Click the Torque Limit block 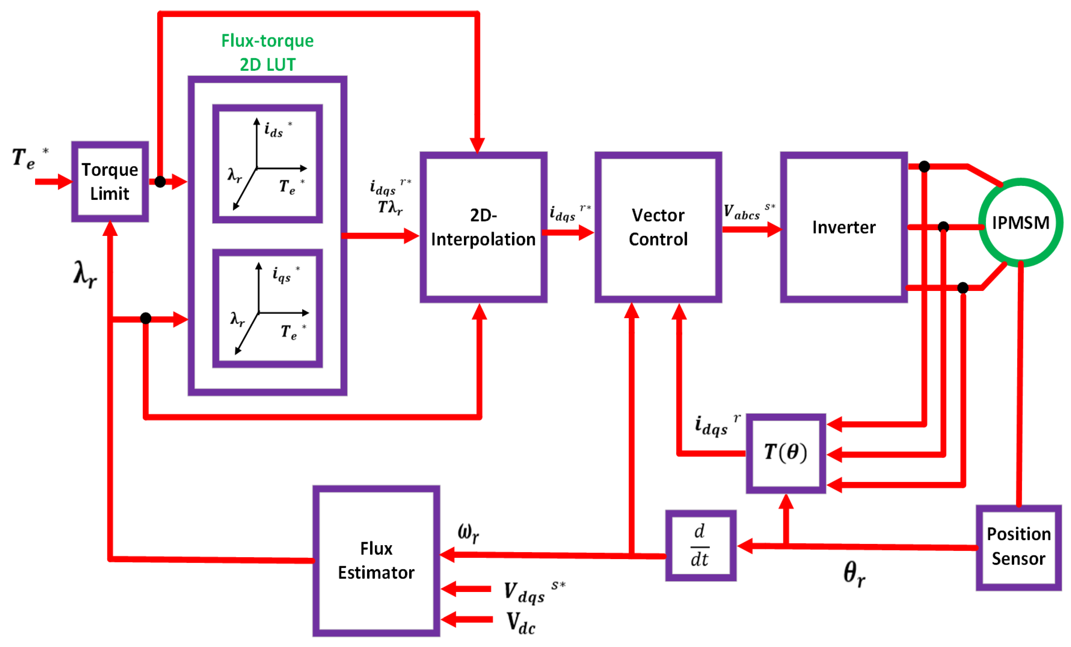pos(110,181)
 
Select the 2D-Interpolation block pos(483,227)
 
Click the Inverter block pos(843,227)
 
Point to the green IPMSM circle pos(1020,223)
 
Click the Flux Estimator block pos(376,561)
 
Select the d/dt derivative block pos(700,546)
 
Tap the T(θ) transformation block pos(785,453)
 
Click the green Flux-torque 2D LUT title pos(267,52)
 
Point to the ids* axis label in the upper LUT pos(276,129)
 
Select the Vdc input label pos(521,623)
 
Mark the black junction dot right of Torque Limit pos(160,182)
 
